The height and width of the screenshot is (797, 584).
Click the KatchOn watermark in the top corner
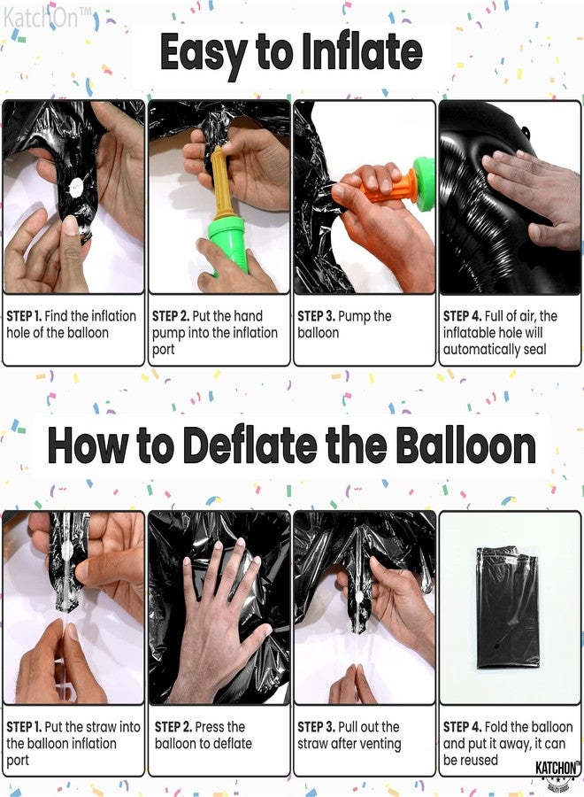pyautogui.click(x=42, y=15)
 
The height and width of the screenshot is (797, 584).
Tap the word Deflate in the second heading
pyautogui.click(x=244, y=446)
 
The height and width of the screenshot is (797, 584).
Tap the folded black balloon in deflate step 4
pyautogui.click(x=507, y=607)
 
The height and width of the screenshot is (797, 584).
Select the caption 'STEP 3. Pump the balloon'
pyautogui.click(x=344, y=324)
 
